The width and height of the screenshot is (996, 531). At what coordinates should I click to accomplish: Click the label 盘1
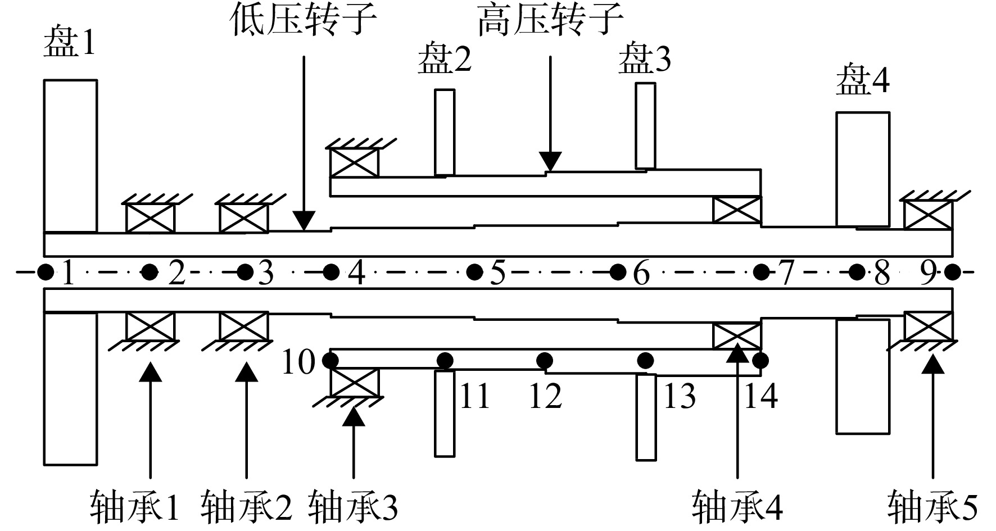(x=69, y=43)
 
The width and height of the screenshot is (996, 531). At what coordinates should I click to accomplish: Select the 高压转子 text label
(x=550, y=20)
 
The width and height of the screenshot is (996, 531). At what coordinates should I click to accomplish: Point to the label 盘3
(x=645, y=60)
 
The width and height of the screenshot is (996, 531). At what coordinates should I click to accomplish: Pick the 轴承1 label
(x=134, y=506)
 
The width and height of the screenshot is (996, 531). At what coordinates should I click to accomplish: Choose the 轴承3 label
(x=353, y=506)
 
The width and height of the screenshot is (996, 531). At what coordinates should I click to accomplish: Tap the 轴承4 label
(x=737, y=506)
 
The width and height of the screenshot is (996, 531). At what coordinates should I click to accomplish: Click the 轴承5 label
(x=933, y=506)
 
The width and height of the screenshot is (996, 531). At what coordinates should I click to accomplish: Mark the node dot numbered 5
(x=475, y=273)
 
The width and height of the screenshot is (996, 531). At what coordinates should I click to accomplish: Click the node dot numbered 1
(x=45, y=273)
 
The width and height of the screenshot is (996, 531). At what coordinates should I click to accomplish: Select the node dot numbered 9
(x=952, y=273)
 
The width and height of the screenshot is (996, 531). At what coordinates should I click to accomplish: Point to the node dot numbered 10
(x=331, y=359)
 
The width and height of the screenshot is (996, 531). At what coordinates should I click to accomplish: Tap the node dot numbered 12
(x=544, y=360)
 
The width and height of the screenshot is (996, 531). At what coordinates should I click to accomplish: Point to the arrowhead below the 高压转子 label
(x=550, y=161)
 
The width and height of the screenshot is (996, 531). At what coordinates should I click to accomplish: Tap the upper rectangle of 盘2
(x=445, y=133)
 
